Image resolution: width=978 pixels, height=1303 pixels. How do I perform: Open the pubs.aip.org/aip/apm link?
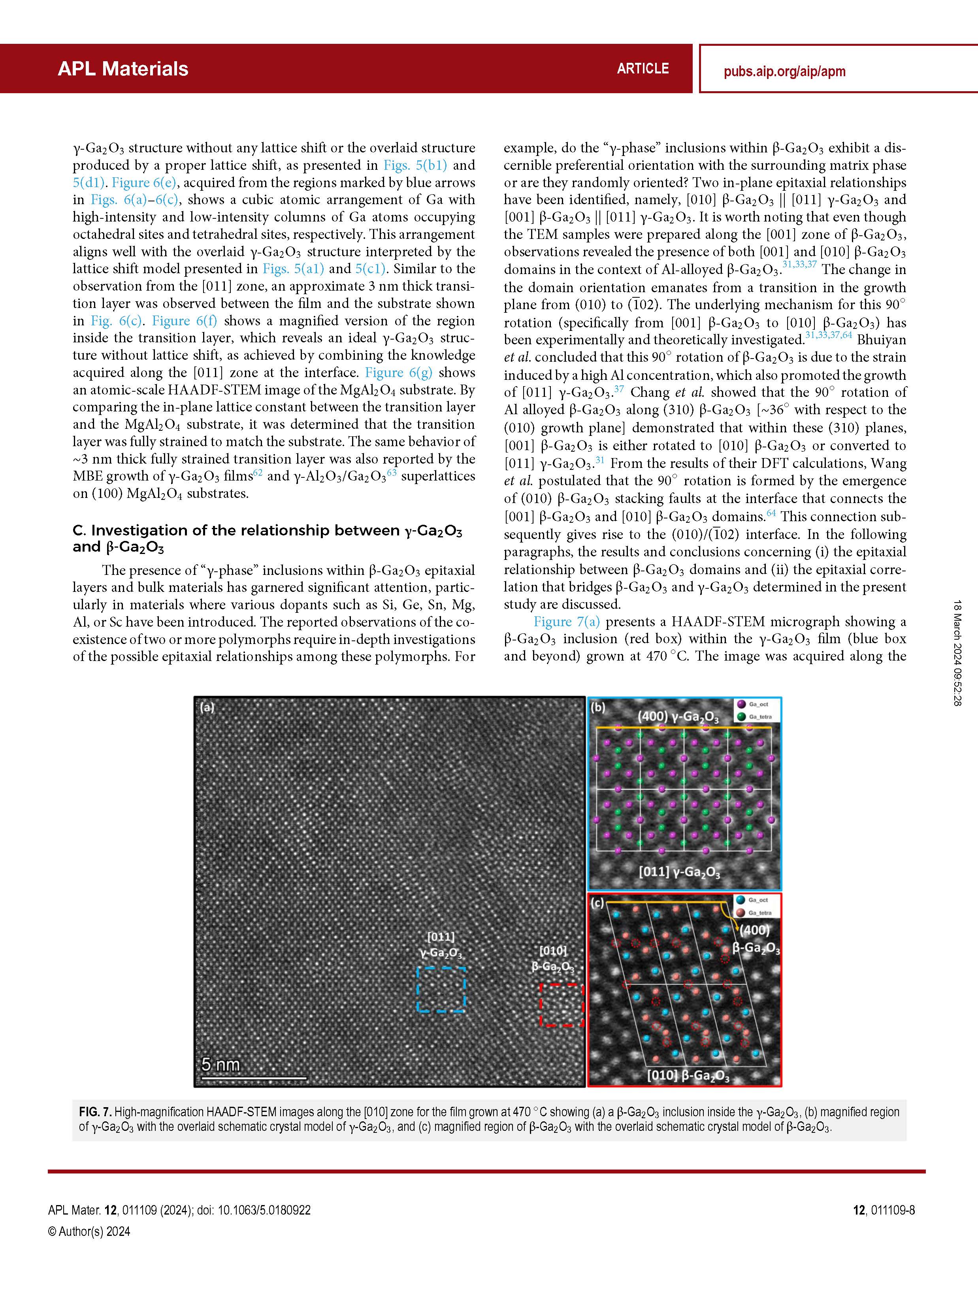784,72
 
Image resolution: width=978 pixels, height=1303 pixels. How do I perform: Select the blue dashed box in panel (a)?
441,989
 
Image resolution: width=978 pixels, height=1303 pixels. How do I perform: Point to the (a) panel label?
207,708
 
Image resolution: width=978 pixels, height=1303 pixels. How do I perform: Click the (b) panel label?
598,708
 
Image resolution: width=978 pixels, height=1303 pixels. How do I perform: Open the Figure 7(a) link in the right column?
567,622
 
